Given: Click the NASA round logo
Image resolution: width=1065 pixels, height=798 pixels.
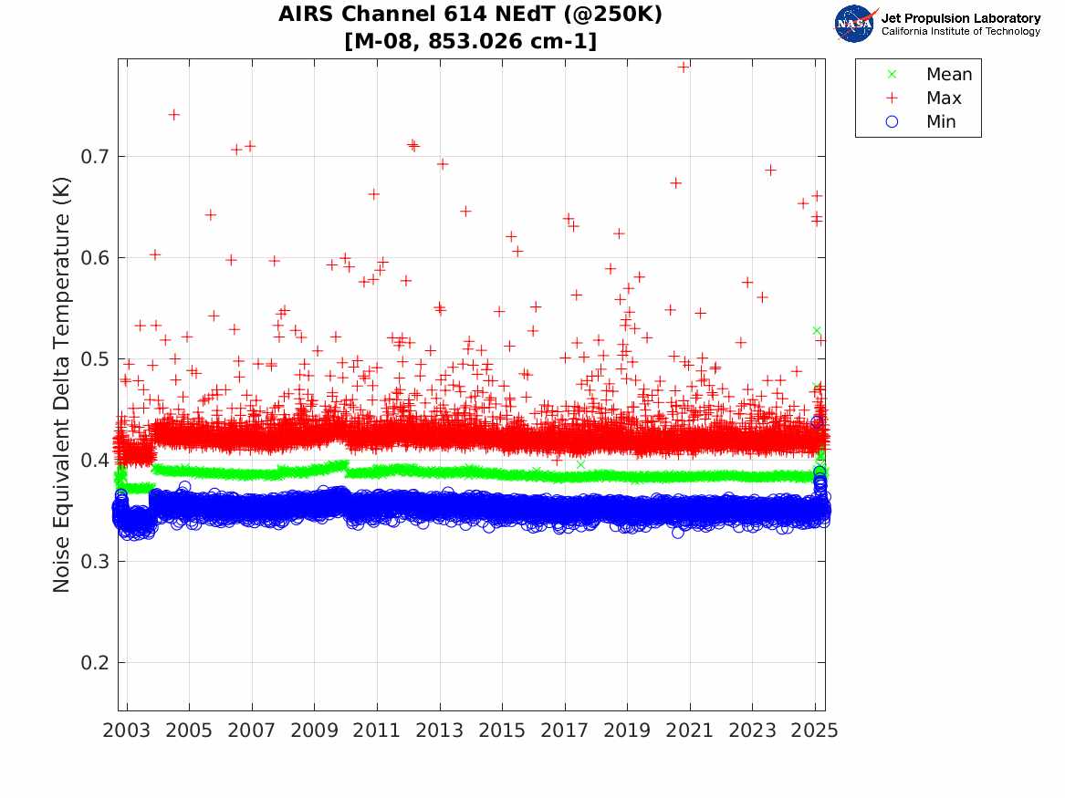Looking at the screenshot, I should click(x=854, y=24).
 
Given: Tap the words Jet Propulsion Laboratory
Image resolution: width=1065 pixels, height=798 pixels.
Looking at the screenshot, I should click(x=960, y=18).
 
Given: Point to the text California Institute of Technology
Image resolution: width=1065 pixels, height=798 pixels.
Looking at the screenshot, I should click(x=960, y=32).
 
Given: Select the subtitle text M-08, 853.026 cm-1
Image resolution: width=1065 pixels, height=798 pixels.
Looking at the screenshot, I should click(x=470, y=41).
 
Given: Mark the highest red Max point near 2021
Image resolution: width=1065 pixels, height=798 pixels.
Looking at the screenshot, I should click(x=683, y=66).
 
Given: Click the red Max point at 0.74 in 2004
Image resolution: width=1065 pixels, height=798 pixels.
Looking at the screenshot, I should click(x=173, y=114).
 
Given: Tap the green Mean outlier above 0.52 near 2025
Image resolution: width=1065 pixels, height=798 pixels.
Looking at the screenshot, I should click(x=817, y=330).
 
